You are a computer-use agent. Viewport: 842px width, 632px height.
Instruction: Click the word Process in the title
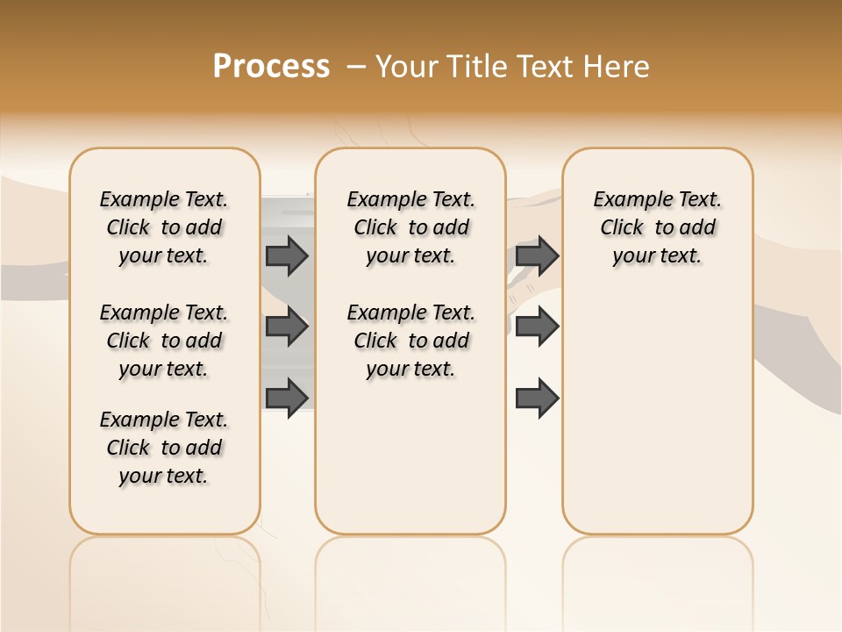point(271,67)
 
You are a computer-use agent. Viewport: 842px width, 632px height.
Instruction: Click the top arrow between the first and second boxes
point(287,255)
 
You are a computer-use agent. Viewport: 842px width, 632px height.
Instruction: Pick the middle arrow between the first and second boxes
point(287,327)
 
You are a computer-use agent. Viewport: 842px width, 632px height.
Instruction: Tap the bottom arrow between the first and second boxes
point(287,398)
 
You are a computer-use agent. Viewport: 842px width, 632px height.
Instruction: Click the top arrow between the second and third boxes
point(537,255)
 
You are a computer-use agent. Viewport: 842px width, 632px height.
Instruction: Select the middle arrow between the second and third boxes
point(537,327)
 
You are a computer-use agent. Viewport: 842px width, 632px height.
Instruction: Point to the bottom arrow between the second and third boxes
point(537,399)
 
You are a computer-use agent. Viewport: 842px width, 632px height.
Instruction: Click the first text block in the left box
point(164,227)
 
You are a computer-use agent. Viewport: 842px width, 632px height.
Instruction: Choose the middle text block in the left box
point(164,341)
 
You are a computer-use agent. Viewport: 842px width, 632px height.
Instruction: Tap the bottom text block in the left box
point(164,448)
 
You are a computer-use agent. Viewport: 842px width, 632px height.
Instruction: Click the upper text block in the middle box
point(410,227)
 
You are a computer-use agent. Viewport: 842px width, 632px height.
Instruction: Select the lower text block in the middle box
point(410,341)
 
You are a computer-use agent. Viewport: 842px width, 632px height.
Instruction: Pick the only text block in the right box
point(658,227)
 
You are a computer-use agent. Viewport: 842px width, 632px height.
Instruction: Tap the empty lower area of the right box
point(658,413)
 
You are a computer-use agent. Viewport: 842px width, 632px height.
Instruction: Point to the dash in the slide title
point(356,67)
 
